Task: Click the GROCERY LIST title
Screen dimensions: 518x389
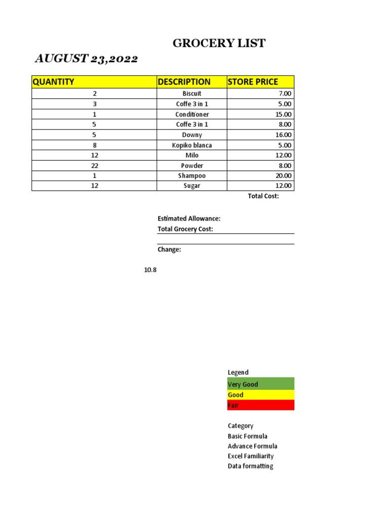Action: (219, 44)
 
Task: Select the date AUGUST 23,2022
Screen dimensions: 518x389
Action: (86, 59)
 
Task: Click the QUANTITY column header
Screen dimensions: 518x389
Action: (53, 82)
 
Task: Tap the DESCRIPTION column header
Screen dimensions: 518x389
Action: (184, 82)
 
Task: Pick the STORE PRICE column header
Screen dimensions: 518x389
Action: (253, 82)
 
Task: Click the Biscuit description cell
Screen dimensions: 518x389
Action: (191, 94)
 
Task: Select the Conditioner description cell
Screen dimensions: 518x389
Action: (191, 114)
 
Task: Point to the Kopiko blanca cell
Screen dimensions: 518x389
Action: (191, 145)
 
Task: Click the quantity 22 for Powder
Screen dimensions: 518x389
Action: (94, 165)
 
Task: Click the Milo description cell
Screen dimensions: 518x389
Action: (191, 155)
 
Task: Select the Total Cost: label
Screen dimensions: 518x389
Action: (263, 196)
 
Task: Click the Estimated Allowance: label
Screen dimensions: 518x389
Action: (189, 219)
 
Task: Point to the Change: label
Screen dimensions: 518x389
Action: (169, 249)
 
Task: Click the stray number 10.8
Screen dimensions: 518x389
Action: (150, 270)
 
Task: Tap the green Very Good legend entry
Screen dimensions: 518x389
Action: (260, 384)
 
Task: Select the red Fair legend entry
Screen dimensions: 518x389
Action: (260, 405)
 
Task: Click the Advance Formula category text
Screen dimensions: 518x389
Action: (252, 446)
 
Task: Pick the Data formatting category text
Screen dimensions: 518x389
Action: (250, 466)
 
